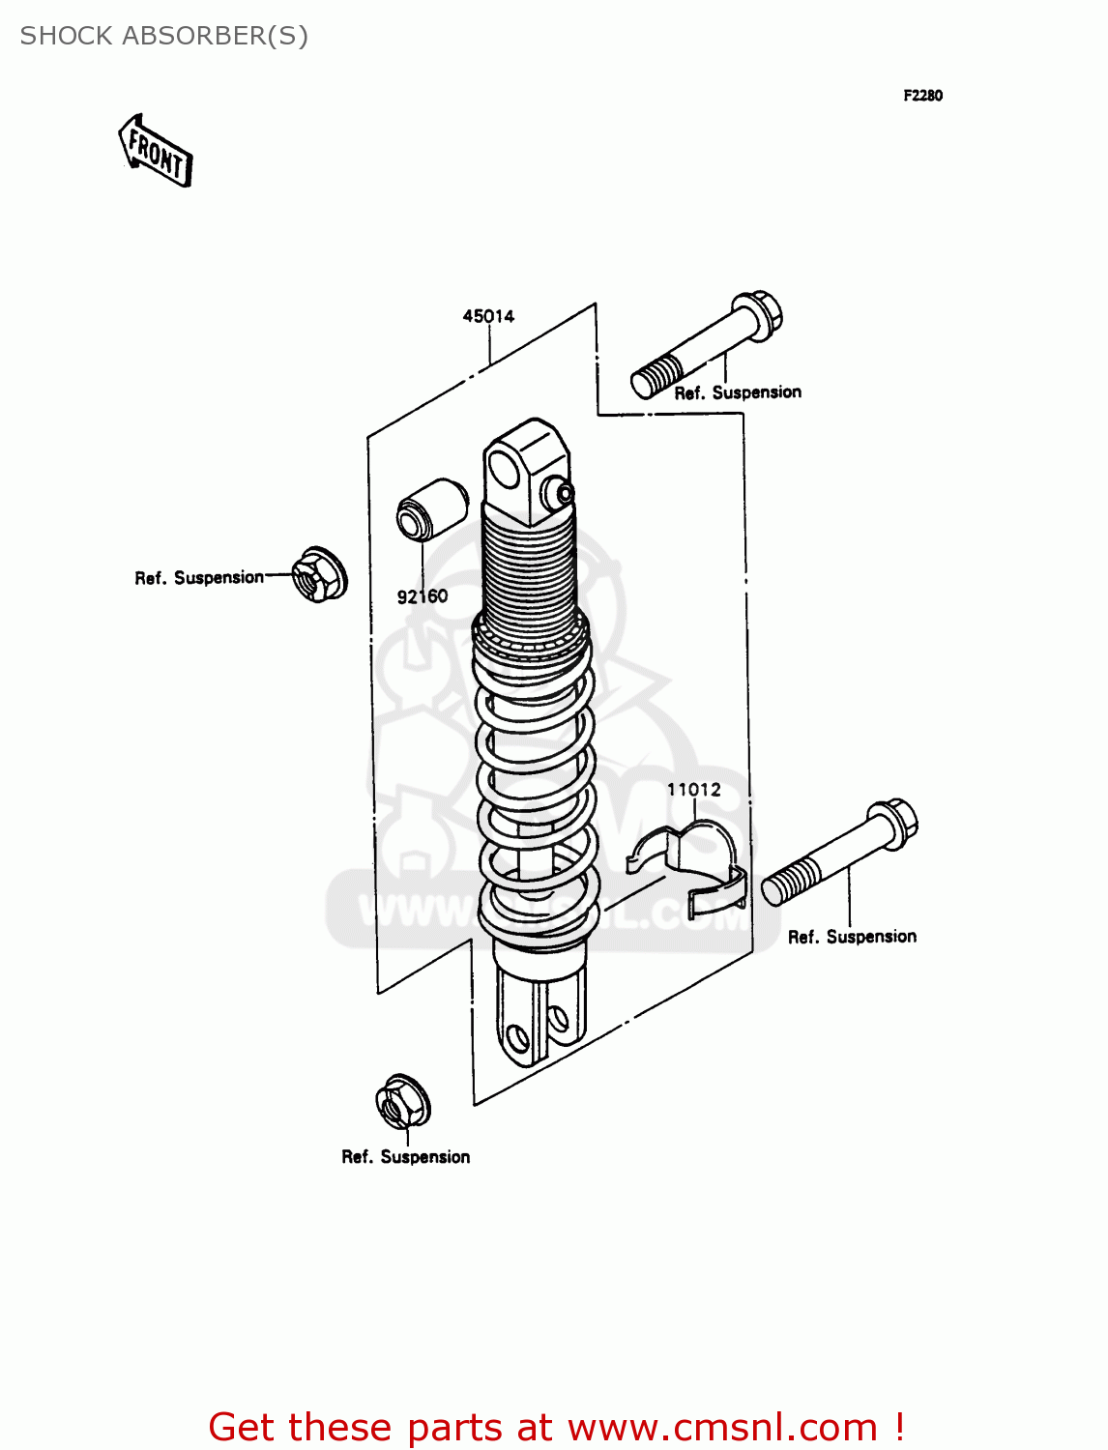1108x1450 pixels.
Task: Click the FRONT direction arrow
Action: click(x=156, y=151)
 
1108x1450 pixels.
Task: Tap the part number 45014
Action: click(x=488, y=316)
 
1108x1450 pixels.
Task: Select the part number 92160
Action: click(x=423, y=596)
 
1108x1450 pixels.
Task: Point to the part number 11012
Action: click(x=694, y=790)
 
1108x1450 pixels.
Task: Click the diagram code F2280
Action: click(x=922, y=96)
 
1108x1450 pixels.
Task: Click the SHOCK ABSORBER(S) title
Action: click(x=163, y=36)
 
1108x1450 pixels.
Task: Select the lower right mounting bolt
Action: click(x=839, y=853)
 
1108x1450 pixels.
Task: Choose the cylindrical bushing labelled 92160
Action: click(x=432, y=508)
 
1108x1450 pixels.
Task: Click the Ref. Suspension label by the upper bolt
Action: click(x=738, y=393)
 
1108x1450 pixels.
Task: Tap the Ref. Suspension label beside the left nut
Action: click(x=199, y=578)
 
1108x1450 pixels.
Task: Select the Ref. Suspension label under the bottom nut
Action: click(x=406, y=1157)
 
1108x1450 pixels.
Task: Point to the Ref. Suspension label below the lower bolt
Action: click(x=852, y=937)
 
